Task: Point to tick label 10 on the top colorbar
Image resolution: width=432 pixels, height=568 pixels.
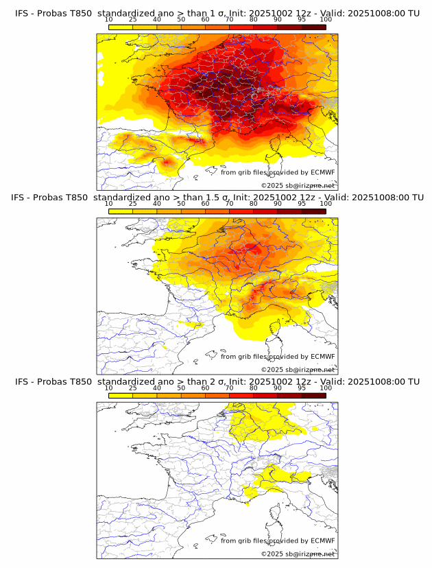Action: tap(109, 19)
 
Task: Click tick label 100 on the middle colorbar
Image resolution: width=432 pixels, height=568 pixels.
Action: tap(326, 204)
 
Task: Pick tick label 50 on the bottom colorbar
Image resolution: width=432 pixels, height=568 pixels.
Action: tap(181, 388)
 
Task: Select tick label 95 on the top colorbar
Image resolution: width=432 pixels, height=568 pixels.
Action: tap(302, 19)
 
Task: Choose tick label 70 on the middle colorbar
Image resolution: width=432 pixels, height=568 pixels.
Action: tap(229, 204)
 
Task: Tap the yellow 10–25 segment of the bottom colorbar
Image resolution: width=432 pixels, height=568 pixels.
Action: tap(121, 395)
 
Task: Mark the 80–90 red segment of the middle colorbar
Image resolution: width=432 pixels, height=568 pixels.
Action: tap(265, 211)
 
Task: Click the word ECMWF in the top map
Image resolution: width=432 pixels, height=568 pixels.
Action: tap(322, 173)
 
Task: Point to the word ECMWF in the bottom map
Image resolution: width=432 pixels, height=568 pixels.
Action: tap(322, 541)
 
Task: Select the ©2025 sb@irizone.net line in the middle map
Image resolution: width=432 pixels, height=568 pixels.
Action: tap(298, 369)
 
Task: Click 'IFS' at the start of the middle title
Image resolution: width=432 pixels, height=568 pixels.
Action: tap(21, 198)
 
